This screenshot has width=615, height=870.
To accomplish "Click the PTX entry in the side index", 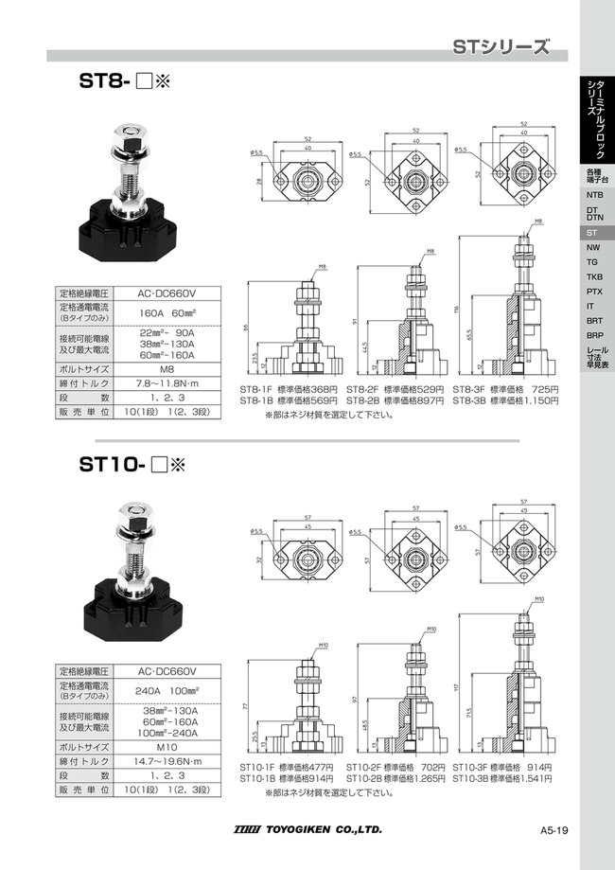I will [593, 291].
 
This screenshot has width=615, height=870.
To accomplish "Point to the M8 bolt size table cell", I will [166, 367].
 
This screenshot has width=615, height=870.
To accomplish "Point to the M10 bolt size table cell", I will [166, 745].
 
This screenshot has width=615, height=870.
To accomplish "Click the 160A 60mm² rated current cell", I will [166, 313].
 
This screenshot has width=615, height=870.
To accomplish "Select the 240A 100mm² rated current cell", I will [166, 691].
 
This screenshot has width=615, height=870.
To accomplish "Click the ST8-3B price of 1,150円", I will [539, 401].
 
